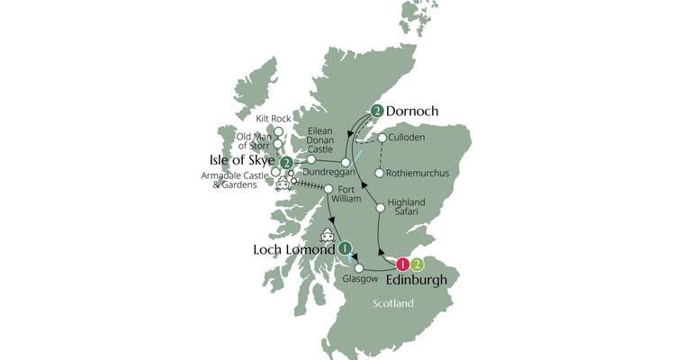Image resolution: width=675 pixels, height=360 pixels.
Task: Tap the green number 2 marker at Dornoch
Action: (377, 112)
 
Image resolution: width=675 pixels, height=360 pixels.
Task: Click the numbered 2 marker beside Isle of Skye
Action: (286, 163)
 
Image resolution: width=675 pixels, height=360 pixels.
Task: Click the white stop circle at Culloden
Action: (382, 139)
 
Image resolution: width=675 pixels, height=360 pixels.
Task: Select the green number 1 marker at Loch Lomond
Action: (344, 247)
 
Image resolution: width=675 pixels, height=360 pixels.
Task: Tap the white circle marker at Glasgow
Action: (359, 268)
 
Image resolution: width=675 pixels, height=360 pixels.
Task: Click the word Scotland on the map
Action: (394, 303)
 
